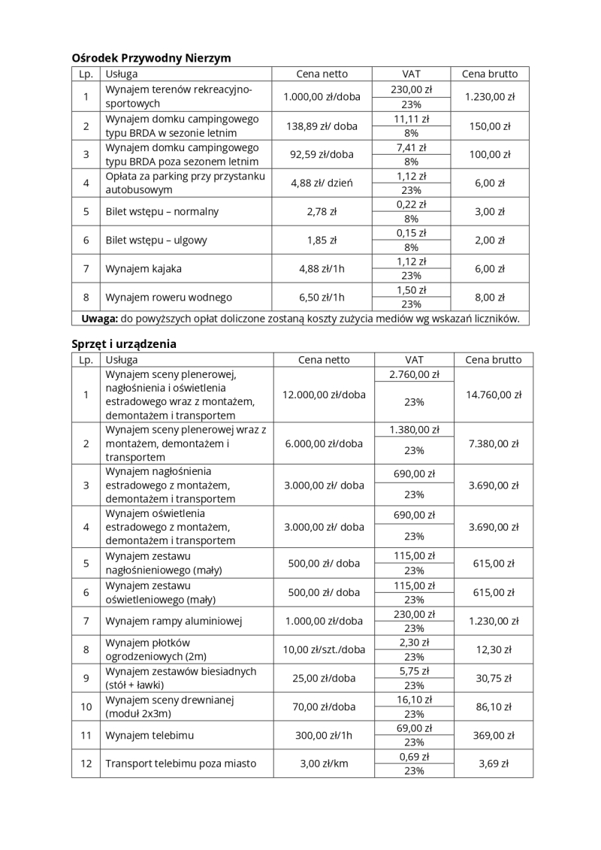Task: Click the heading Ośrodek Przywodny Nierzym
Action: tap(151, 58)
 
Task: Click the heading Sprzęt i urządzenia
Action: tap(124, 343)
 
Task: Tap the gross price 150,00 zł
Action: tap(489, 126)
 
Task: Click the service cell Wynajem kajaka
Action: tap(143, 268)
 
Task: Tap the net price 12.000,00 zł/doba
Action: tap(324, 395)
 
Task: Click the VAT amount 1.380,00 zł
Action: tap(414, 430)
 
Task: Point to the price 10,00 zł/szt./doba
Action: tap(324, 649)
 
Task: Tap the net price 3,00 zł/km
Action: tap(324, 764)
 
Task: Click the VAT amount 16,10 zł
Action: tap(414, 699)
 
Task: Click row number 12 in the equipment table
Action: tap(86, 764)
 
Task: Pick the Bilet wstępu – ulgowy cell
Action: tap(156, 240)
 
